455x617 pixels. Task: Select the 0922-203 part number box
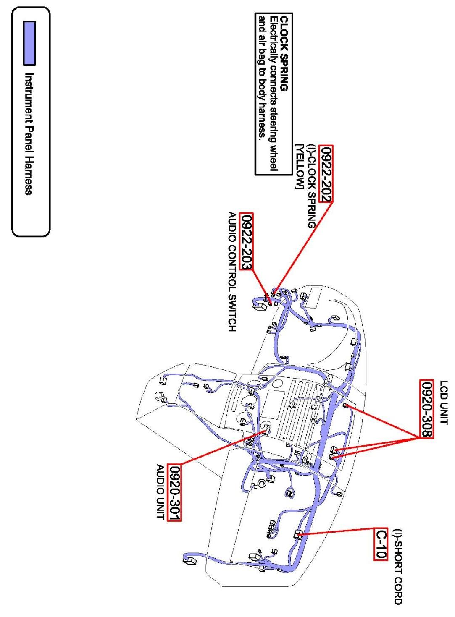tap(246, 242)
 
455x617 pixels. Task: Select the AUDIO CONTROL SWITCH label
tap(232, 272)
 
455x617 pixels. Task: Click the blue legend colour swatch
tap(29, 43)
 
